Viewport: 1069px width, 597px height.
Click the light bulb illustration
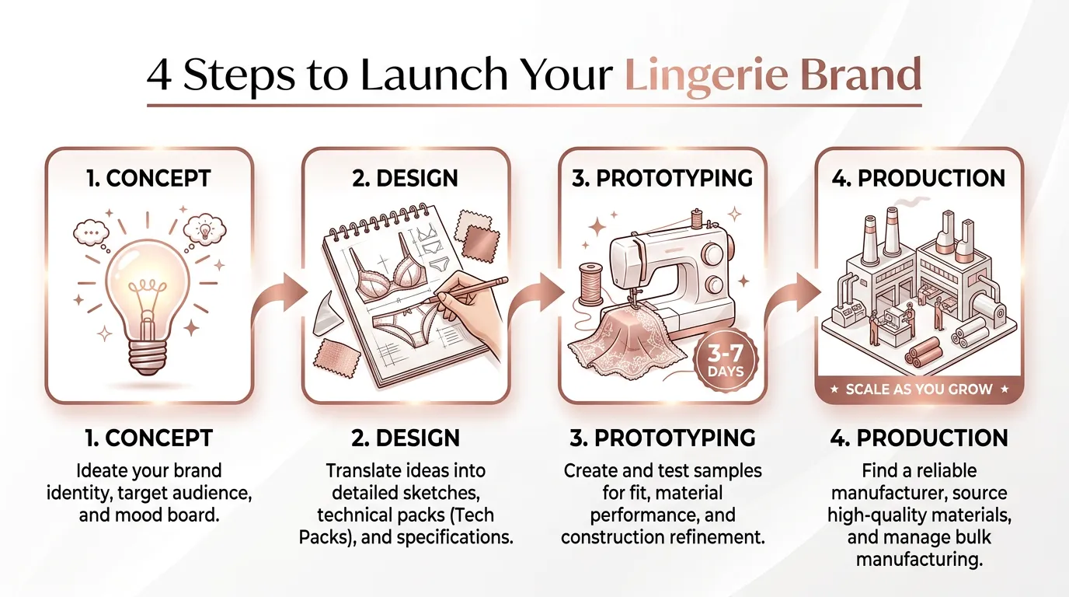pos(147,305)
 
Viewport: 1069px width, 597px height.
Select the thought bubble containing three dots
pos(91,232)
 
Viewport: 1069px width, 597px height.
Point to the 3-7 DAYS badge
pos(726,360)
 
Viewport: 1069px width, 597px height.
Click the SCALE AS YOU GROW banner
pos(918,389)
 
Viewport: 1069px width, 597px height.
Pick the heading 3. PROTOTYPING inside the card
pos(662,178)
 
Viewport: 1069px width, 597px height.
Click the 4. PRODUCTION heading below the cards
pos(918,438)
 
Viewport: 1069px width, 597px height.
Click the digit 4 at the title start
pos(159,75)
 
